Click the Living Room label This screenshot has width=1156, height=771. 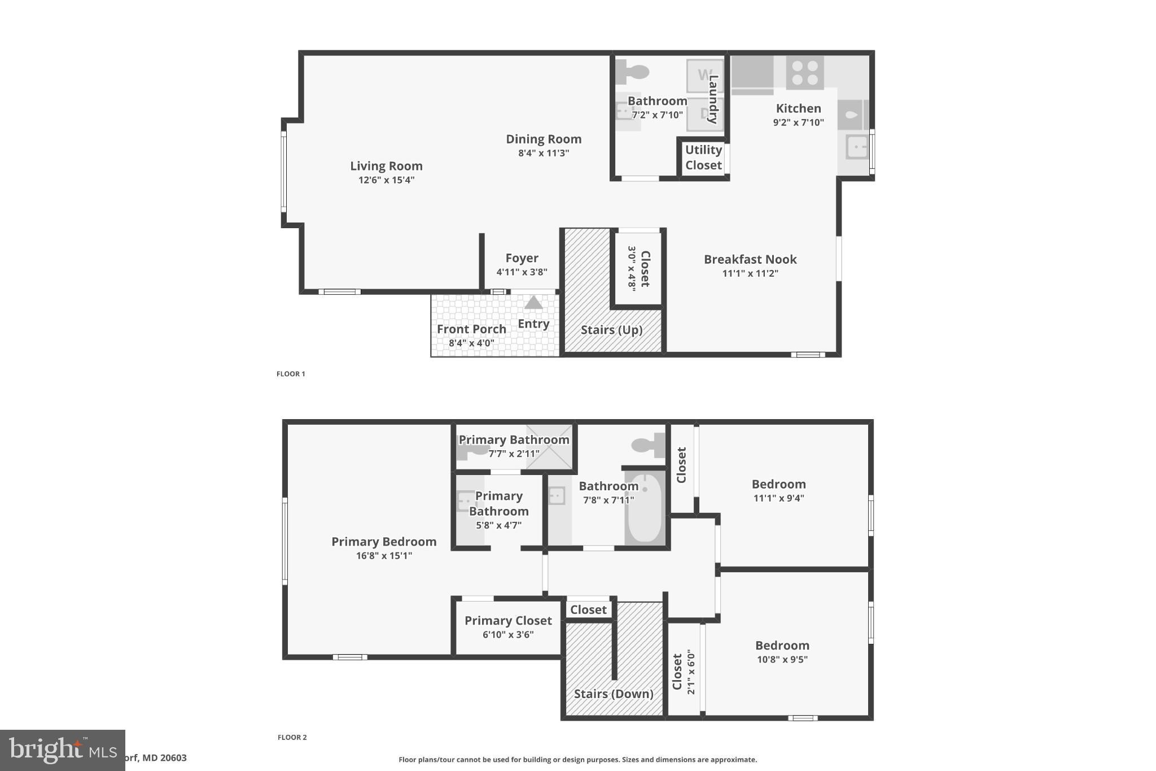pos(386,166)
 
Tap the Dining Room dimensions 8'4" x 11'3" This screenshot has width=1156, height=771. pos(544,153)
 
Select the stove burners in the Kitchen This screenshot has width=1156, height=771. pos(805,73)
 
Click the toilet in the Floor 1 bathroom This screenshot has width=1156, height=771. pos(632,72)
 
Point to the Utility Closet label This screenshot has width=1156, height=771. pos(703,158)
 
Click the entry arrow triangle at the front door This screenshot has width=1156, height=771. pos(533,303)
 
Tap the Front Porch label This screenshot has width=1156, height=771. pos(471,329)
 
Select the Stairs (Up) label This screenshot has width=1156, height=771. pos(612,330)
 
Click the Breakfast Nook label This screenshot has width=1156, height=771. pos(750,260)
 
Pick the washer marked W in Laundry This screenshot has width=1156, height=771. pos(704,75)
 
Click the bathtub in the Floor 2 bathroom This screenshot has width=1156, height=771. pos(645,508)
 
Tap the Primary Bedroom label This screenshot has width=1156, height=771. pos(384,542)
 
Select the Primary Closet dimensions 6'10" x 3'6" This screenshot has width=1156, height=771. pos(508,634)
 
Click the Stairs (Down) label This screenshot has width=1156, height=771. pos(614,694)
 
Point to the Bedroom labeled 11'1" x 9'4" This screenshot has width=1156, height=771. pos(778,485)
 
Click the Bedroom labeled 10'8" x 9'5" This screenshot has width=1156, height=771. pos(782,646)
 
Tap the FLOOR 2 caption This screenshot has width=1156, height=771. pos(292,737)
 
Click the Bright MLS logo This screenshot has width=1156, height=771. pos(62,750)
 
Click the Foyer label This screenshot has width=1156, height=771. pos(522,258)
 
